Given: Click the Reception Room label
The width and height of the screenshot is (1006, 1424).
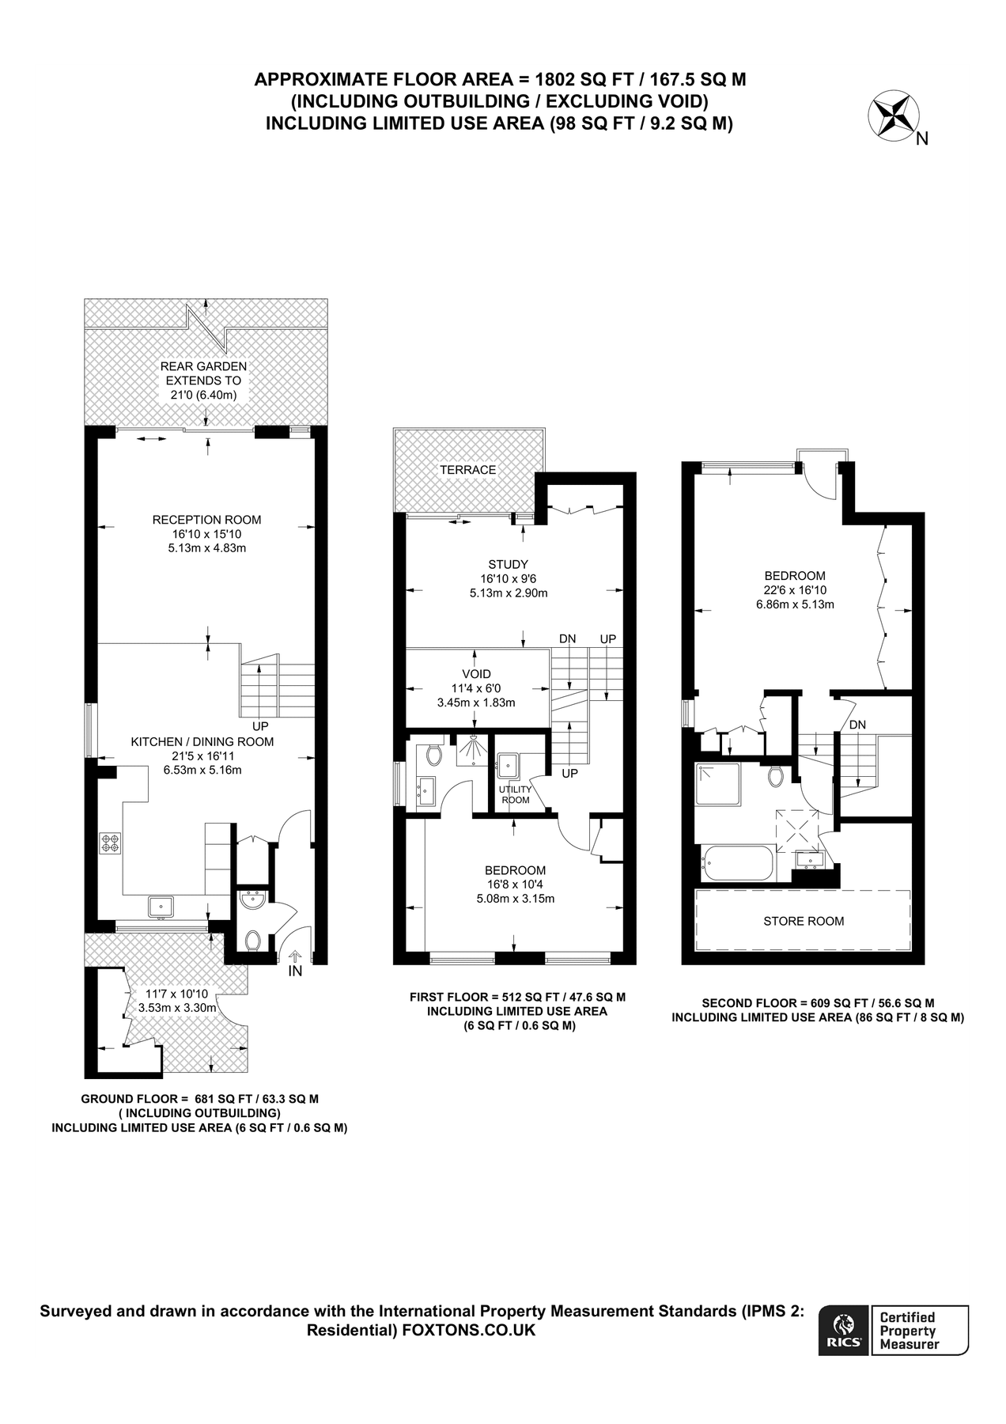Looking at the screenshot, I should tap(206, 520).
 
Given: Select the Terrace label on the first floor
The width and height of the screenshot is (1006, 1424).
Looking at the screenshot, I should tap(468, 470).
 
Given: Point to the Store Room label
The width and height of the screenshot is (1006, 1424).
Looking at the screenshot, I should tap(804, 921).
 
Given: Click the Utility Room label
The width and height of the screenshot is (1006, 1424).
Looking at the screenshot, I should tap(515, 794).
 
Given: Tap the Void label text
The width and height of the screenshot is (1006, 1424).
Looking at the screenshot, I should tap(476, 674).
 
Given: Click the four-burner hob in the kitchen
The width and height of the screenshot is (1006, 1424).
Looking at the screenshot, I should tap(110, 843).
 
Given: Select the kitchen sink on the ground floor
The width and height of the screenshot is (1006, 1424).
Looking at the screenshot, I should tap(161, 905).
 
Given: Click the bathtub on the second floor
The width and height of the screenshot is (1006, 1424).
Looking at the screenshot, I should tap(737, 863).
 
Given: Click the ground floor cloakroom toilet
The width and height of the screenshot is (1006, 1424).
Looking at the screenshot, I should tap(253, 940).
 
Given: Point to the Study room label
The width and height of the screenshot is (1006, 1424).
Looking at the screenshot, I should tap(508, 564).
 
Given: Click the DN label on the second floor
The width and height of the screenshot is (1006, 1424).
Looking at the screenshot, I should tap(857, 725).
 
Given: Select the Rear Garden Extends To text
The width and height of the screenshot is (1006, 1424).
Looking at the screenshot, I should tap(203, 373).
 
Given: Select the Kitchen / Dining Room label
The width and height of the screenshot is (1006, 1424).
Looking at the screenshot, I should tap(202, 741).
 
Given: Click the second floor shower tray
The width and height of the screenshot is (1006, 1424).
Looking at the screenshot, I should tap(718, 784).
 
